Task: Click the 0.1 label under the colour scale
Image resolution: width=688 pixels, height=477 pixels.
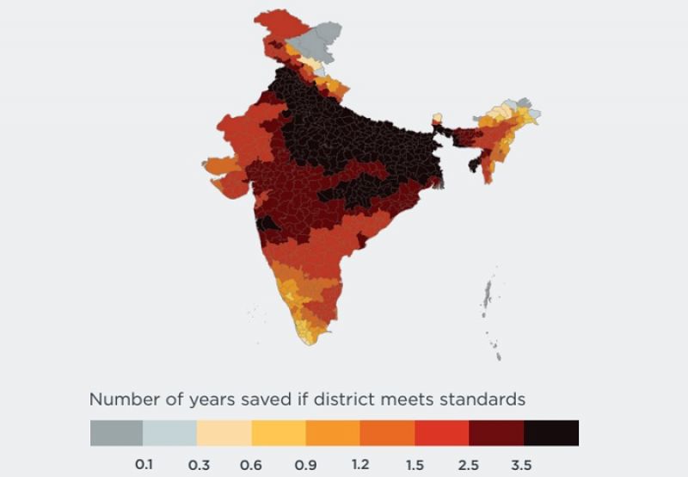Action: click(144, 464)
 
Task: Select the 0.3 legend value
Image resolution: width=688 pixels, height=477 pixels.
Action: click(198, 464)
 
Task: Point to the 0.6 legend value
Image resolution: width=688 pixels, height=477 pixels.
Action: click(252, 464)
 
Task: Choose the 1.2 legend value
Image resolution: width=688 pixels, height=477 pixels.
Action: click(361, 464)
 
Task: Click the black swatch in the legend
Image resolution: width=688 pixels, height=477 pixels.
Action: click(551, 433)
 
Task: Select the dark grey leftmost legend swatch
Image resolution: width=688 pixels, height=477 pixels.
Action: click(116, 433)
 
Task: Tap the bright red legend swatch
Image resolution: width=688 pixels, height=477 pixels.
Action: click(442, 433)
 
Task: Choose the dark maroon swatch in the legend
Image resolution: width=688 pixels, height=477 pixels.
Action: click(496, 433)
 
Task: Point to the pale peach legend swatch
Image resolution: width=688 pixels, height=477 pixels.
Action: click(224, 433)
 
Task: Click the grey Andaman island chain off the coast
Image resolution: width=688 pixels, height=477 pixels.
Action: click(489, 297)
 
